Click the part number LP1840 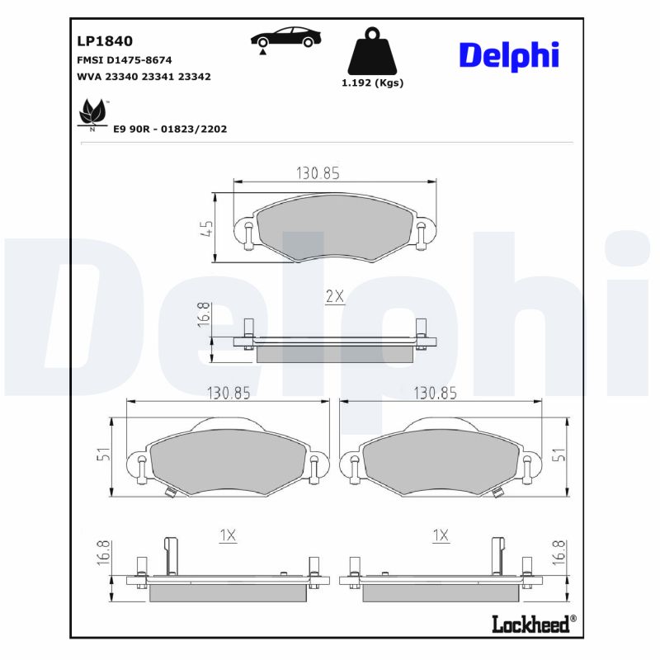coord(105,40)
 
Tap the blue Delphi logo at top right coord(509,54)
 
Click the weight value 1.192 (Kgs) coord(372,83)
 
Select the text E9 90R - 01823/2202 coord(170,130)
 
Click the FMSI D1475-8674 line coord(124,60)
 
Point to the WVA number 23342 coord(194,76)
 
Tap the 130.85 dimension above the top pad coord(318,173)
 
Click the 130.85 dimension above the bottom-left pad coord(228,393)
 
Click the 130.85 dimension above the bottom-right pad coord(435,393)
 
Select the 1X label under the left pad coord(228,536)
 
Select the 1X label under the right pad coord(441,536)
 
